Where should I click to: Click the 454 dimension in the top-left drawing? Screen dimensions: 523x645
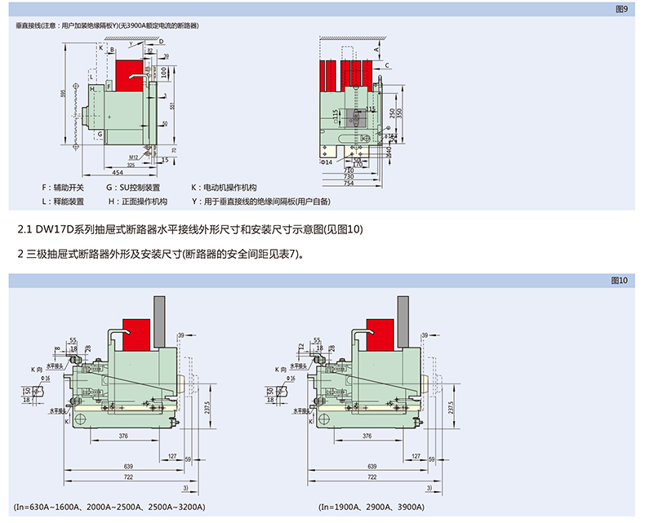click(118, 173)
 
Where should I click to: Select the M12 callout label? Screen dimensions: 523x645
click(132, 155)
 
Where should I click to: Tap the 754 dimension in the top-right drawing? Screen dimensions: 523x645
click(348, 183)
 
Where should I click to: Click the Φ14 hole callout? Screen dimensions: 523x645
click(326, 162)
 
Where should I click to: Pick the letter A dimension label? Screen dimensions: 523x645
click(376, 50)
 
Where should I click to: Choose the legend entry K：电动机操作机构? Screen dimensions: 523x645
click(224, 188)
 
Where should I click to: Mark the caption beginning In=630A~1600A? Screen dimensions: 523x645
click(109, 507)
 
